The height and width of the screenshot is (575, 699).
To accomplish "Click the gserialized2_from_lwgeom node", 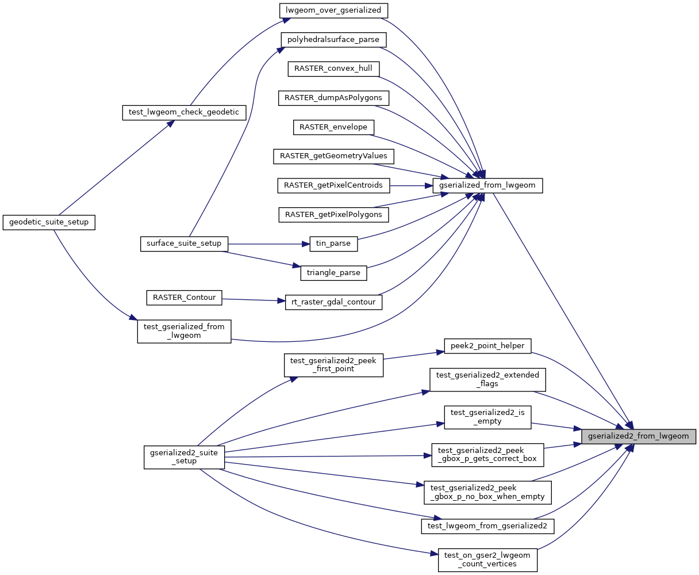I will [x=638, y=436].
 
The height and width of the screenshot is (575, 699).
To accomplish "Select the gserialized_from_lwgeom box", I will [x=487, y=186].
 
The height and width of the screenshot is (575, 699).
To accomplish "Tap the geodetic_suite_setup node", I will [x=48, y=222].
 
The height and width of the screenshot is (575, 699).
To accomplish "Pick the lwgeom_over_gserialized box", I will [x=333, y=10].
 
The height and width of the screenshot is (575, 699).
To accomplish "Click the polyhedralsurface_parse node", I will [x=333, y=40].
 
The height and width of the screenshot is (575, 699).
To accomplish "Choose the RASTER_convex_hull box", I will [x=333, y=68].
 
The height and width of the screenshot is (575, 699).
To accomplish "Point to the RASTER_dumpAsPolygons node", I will [x=333, y=98].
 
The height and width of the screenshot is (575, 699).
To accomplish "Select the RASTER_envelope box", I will [x=333, y=127].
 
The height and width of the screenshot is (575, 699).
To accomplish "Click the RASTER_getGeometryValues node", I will [x=333, y=156].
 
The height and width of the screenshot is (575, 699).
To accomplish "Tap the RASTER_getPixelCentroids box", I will [x=333, y=185].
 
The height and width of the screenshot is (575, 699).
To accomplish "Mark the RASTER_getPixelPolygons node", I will [x=333, y=215].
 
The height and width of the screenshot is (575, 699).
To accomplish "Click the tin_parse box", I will [x=333, y=244].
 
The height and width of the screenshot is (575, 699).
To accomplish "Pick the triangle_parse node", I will [x=333, y=273].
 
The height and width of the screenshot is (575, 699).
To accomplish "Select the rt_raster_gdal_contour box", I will [x=333, y=302].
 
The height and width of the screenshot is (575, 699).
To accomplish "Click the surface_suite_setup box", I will [x=184, y=243].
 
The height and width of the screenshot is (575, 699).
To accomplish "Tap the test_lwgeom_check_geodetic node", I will [x=184, y=112].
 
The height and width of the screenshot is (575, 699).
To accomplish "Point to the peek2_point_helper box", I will [x=487, y=346].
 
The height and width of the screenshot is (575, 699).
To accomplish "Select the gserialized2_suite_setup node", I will [x=184, y=457].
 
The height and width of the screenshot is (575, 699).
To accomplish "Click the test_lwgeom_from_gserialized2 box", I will [x=487, y=526].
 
